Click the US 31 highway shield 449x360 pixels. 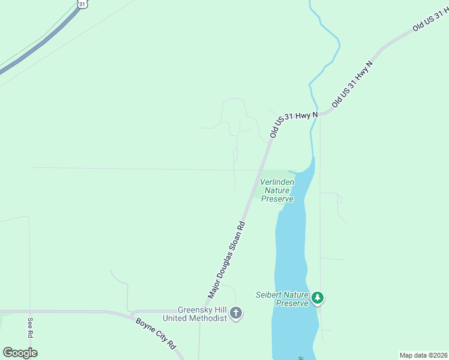point(82,3)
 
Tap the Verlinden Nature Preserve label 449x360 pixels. point(277,190)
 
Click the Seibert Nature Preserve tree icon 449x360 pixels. point(318,297)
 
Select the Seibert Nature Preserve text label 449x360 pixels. point(282,299)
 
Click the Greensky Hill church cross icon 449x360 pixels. point(236,313)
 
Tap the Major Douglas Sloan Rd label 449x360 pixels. point(228,260)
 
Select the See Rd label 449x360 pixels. point(30,327)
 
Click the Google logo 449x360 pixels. point(20,353)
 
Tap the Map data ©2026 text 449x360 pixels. point(424,355)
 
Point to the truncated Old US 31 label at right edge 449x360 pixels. point(430,20)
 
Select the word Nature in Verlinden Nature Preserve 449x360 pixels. point(277,190)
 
